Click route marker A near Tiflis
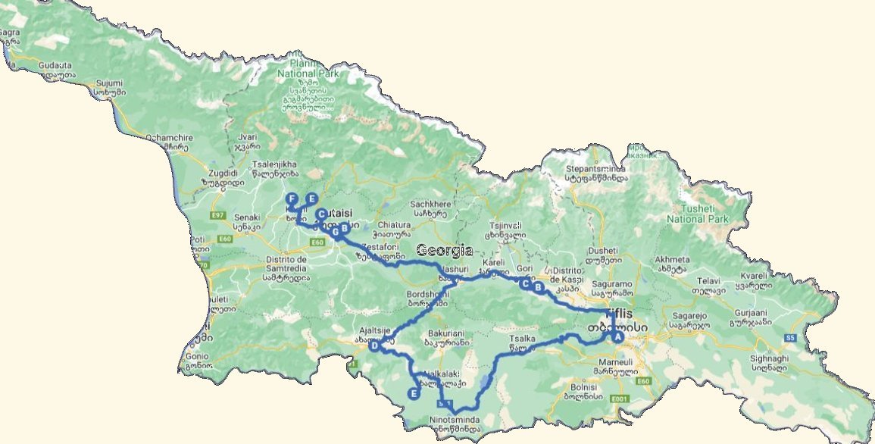pyautogui.click(x=617, y=337)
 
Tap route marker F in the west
pyautogui.click(x=291, y=199)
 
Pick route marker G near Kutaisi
pyautogui.click(x=334, y=233)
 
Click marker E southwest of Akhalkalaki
pyautogui.click(x=414, y=393)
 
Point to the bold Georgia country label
pyautogui.click(x=444, y=251)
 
